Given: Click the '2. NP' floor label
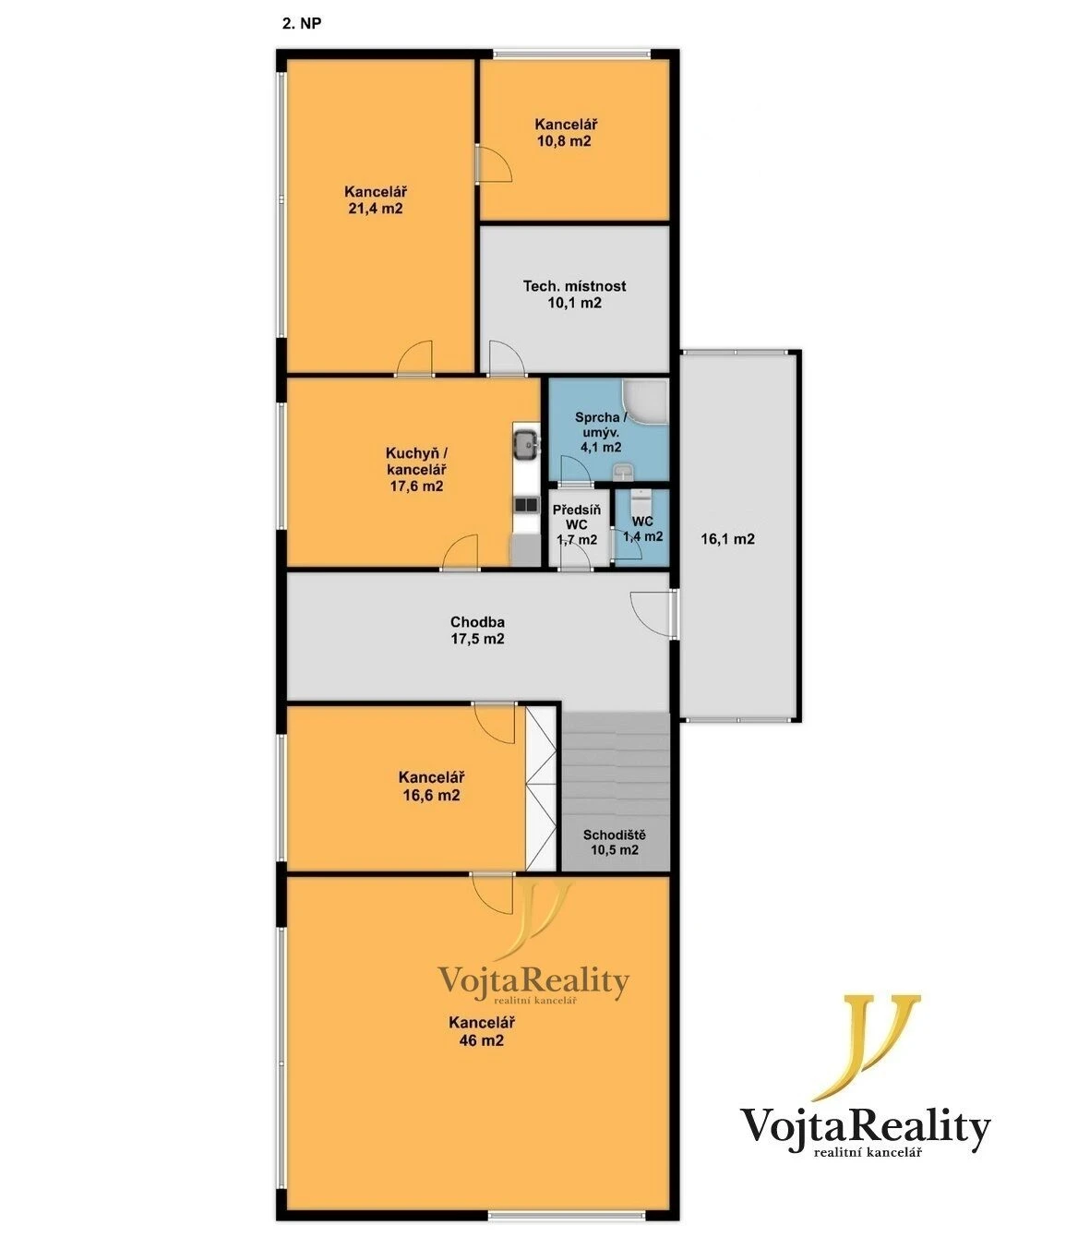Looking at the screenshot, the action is click(302, 23).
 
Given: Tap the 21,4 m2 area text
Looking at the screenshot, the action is click(375, 209).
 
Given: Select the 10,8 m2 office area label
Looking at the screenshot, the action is click(564, 141).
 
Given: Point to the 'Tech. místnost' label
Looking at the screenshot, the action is click(574, 286).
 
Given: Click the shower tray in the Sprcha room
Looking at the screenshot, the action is click(646, 401).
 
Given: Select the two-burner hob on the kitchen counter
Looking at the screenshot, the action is click(526, 505).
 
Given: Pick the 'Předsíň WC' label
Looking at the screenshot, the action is click(577, 517).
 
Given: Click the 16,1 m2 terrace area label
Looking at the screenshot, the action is click(727, 538).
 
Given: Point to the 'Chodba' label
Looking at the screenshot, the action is click(477, 622).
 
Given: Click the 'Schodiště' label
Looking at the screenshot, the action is click(615, 835).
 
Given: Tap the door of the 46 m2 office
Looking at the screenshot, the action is click(492, 894).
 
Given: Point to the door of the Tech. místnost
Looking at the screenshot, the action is click(507, 358).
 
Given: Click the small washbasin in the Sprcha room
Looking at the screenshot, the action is click(623, 473).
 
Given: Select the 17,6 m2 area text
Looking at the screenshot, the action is click(417, 486).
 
